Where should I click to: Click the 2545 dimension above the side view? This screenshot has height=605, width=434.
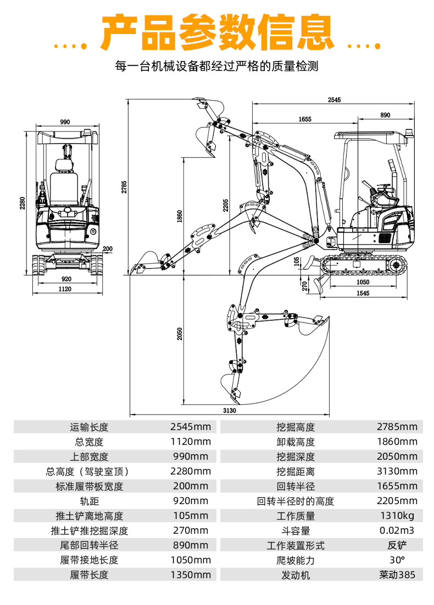(x=334, y=100)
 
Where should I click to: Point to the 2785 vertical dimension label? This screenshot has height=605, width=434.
(x=125, y=187)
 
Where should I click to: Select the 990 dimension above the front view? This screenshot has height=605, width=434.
(x=65, y=122)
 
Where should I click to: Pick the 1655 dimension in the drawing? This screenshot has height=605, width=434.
(x=305, y=119)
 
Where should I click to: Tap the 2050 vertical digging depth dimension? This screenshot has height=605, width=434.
(x=180, y=335)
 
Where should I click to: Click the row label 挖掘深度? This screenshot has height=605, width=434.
(x=296, y=456)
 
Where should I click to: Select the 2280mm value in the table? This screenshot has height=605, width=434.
(x=190, y=471)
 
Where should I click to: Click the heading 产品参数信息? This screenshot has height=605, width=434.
(x=218, y=32)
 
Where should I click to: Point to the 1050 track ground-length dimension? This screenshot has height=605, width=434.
(x=362, y=282)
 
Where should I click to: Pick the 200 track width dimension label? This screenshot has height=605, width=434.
(x=107, y=248)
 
